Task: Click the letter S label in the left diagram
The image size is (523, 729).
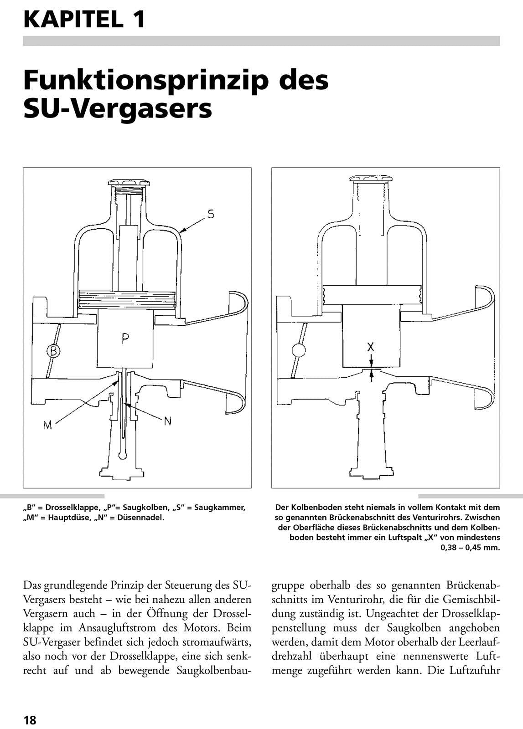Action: point(210,214)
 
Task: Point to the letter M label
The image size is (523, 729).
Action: point(48,425)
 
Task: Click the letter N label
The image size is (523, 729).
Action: point(167,421)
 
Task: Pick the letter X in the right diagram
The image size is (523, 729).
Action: point(371,347)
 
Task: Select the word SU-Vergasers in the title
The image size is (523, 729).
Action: point(118,109)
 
